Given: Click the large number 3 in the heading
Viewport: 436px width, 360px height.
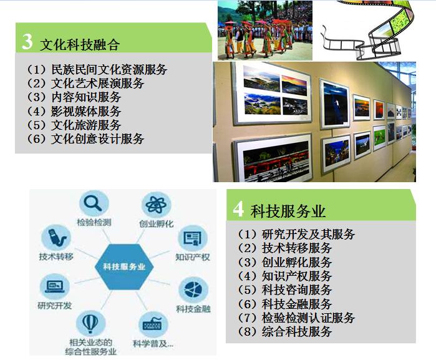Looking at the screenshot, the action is (27, 41).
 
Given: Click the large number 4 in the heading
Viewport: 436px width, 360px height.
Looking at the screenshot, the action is (238, 209).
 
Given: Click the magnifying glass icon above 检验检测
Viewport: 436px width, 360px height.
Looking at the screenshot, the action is (93, 203).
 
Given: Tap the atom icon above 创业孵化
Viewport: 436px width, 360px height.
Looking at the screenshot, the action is (156, 205).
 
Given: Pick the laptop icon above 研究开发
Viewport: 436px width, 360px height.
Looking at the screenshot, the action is (55, 286).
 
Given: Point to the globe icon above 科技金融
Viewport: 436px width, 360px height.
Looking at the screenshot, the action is (193, 289).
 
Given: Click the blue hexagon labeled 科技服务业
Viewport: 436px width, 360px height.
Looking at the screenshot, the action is (124, 266).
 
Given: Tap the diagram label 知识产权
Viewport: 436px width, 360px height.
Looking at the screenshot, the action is (192, 257).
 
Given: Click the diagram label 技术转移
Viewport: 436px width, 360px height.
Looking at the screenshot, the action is (56, 256).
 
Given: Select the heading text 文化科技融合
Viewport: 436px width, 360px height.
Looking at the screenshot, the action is (80, 44).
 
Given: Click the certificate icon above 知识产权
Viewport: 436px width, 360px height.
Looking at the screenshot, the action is (192, 238).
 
